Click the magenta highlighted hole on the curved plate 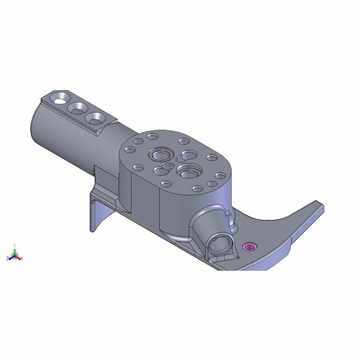pos(251,247)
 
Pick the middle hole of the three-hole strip pos(76,107)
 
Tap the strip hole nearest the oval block pos(93,117)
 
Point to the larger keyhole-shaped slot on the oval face pos(186,155)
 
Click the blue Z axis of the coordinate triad pos(9,258)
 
